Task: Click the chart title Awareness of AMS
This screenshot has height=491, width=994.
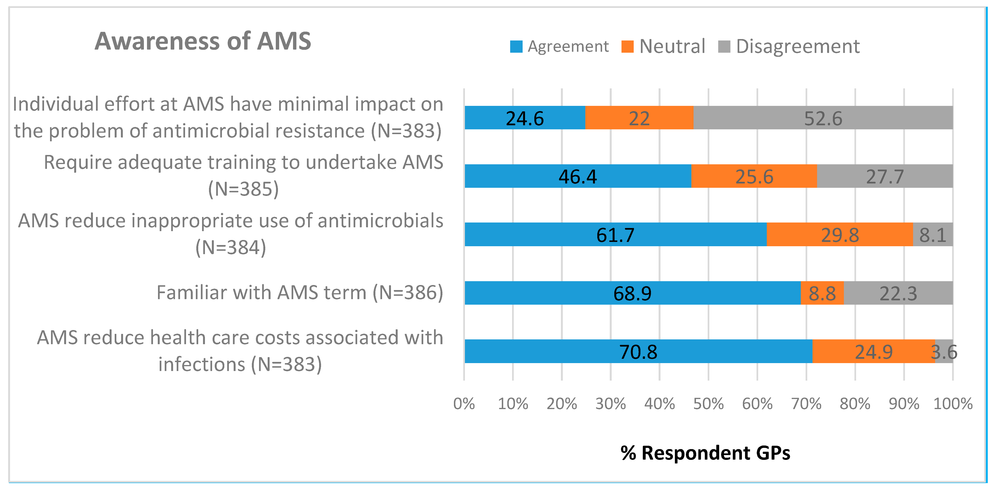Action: tap(203, 41)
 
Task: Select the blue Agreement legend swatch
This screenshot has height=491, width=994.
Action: tap(516, 47)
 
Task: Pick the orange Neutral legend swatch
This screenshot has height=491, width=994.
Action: tap(627, 47)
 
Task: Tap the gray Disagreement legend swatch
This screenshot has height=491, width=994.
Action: tap(724, 47)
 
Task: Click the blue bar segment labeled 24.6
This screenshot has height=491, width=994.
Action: tap(525, 118)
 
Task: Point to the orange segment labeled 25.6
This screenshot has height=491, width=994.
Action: tap(754, 177)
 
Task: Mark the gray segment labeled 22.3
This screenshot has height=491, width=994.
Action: tap(898, 293)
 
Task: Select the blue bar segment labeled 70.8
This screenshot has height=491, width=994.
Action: tap(638, 351)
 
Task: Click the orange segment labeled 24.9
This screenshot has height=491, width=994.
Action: tap(873, 351)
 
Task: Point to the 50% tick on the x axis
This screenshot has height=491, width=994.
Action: tap(708, 404)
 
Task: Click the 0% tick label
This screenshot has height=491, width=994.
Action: tap(464, 404)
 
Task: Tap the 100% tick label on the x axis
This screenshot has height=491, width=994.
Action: tap(952, 404)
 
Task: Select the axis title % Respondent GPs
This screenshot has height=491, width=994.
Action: tap(705, 453)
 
